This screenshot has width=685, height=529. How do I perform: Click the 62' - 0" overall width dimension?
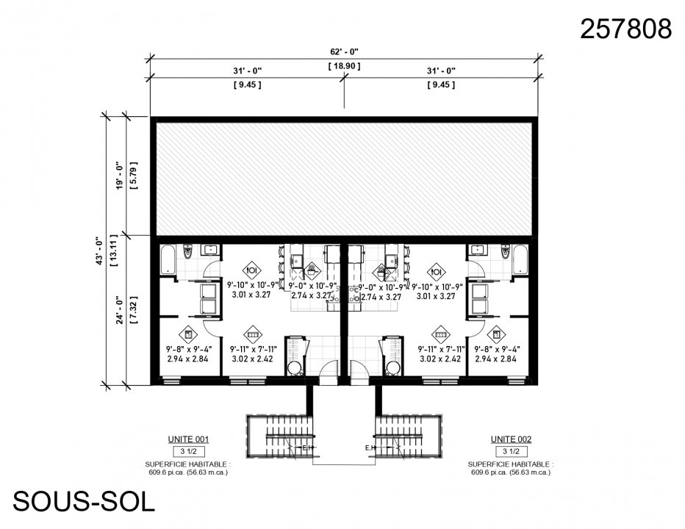[343, 51]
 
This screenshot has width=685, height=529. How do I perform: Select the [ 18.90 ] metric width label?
[343, 66]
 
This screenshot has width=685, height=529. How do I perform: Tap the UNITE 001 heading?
[188, 439]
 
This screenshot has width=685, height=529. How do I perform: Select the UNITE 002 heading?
[511, 439]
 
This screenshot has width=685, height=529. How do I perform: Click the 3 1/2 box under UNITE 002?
[511, 451]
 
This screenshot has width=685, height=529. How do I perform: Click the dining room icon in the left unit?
[251, 269]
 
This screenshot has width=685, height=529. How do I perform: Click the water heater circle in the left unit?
[294, 367]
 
